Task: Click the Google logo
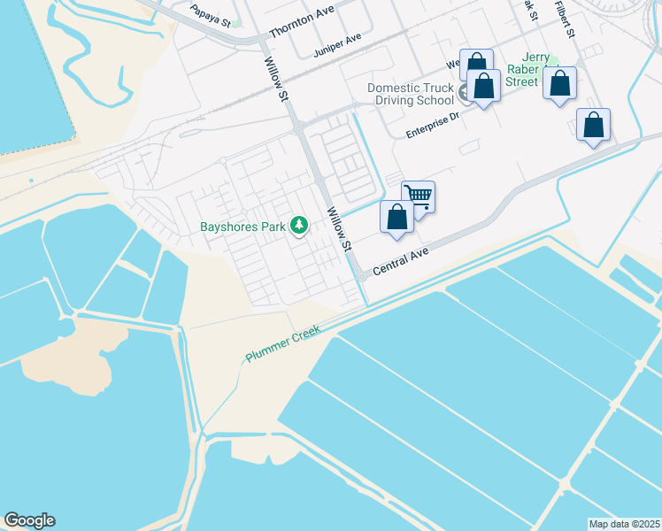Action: (x=29, y=520)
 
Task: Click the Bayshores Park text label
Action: (x=242, y=227)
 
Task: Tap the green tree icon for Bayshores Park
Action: (x=299, y=226)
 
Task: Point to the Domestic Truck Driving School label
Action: (x=410, y=95)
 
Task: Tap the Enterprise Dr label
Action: (x=433, y=124)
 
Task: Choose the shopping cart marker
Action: (x=418, y=196)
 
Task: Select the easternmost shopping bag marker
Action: (x=593, y=125)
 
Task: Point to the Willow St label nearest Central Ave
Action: (x=340, y=228)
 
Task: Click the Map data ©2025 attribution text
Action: (x=624, y=524)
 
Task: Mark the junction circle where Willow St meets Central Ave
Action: (x=362, y=277)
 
